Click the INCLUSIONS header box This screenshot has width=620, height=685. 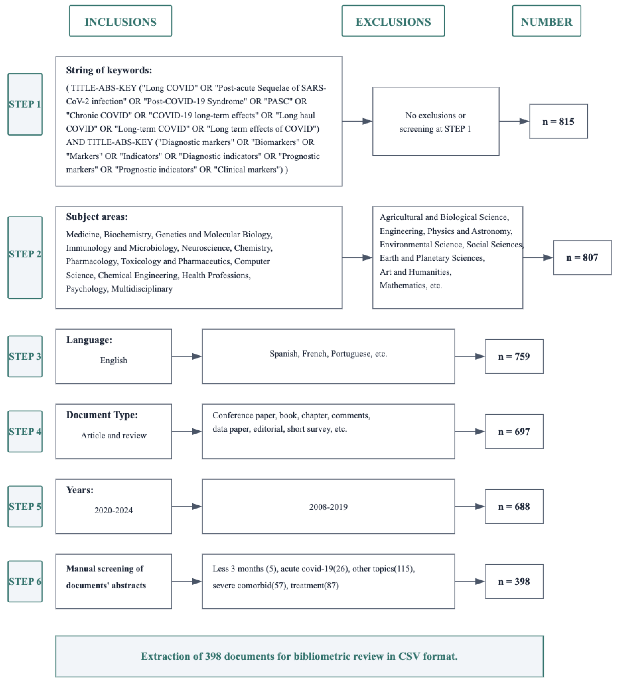tap(120, 21)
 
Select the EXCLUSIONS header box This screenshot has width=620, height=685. tap(393, 21)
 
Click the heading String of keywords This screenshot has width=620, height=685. tap(109, 70)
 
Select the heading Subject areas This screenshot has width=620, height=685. tap(97, 217)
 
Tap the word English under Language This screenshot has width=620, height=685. tap(114, 360)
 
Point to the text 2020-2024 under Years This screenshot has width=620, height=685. tap(114, 510)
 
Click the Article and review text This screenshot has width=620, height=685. tap(114, 435)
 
